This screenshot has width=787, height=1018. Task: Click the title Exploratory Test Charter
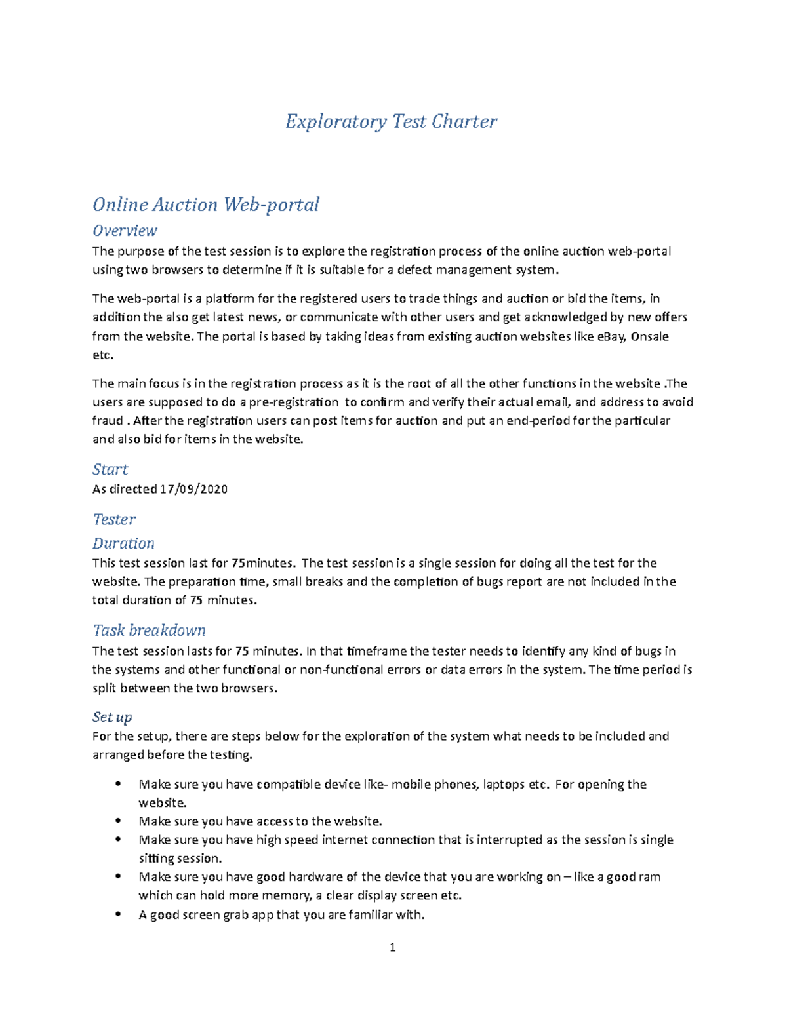point(391,121)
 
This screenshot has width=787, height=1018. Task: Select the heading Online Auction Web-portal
point(205,205)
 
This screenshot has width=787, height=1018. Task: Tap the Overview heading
point(125,231)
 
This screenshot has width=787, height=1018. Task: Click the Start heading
point(110,469)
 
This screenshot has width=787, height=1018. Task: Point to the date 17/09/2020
point(193,489)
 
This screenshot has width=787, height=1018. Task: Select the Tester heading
point(114,519)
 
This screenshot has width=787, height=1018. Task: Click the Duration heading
point(123,543)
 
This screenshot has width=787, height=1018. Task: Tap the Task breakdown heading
point(149,631)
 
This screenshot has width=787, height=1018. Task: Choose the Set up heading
point(112,717)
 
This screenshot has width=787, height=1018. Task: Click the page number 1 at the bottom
point(392,947)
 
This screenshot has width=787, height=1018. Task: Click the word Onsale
point(649,337)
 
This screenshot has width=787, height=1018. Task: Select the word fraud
point(108,421)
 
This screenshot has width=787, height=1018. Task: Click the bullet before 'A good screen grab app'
point(118,914)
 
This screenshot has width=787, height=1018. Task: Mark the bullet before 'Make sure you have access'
point(118,820)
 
